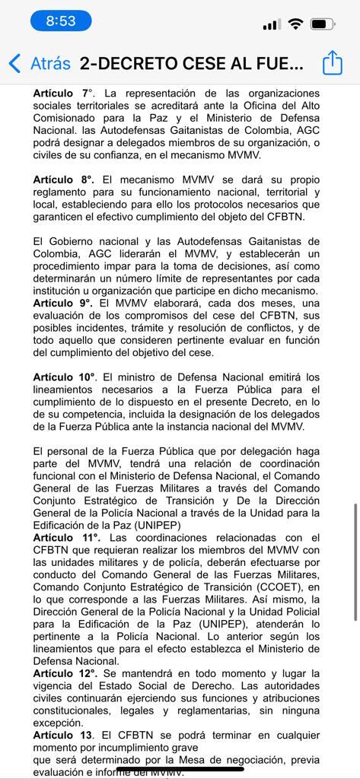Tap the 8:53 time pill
[61, 21]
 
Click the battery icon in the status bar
[323, 24]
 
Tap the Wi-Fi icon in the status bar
[295, 24]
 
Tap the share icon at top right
[333, 63]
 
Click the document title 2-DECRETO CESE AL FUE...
[191, 63]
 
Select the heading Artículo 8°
[64, 180]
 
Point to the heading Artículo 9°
[64, 302]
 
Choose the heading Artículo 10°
[65, 377]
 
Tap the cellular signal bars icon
[271, 25]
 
